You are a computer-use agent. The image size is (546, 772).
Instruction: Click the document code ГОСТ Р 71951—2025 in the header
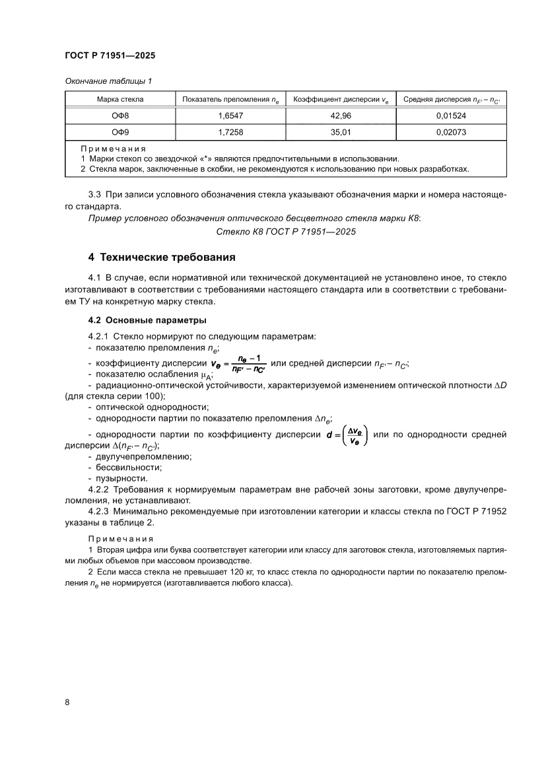pyautogui.click(x=110, y=56)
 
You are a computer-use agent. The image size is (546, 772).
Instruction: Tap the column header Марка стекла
pyautogui.click(x=119, y=100)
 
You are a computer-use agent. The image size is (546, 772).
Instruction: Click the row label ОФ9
pyautogui.click(x=119, y=133)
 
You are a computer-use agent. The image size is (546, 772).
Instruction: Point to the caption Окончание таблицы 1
pyautogui.click(x=108, y=81)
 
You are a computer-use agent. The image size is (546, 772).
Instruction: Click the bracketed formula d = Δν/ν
pyautogui.click(x=346, y=435)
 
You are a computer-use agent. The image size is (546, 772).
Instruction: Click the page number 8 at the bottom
pyautogui.click(x=67, y=702)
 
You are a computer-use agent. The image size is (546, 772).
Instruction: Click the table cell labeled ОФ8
pyautogui.click(x=119, y=116)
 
